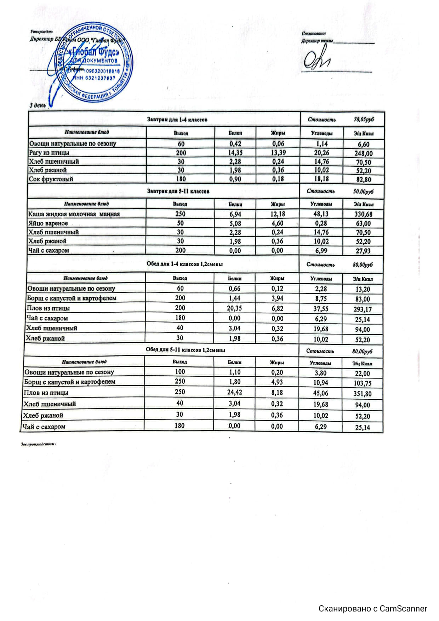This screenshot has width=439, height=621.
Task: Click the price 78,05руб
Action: click(x=364, y=120)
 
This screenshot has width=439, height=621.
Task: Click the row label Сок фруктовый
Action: click(x=51, y=179)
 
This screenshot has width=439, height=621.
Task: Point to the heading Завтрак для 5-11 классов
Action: click(x=178, y=192)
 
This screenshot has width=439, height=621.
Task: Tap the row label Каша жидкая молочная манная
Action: click(x=74, y=214)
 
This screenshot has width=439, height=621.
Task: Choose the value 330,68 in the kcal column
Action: click(x=363, y=214)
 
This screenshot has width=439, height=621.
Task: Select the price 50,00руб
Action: click(x=363, y=192)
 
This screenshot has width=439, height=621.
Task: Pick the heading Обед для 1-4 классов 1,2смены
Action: click(x=184, y=264)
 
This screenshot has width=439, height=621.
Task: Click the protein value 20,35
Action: click(x=234, y=308)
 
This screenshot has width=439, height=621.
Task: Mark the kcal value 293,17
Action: click(x=363, y=309)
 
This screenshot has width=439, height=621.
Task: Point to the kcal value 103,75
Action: click(x=362, y=383)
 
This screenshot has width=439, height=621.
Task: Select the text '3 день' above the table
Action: click(x=38, y=105)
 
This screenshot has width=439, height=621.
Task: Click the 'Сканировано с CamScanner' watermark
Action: click(x=373, y=609)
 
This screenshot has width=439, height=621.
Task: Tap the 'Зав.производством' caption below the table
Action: click(x=39, y=444)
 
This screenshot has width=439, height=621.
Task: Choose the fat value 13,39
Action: click(x=278, y=153)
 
